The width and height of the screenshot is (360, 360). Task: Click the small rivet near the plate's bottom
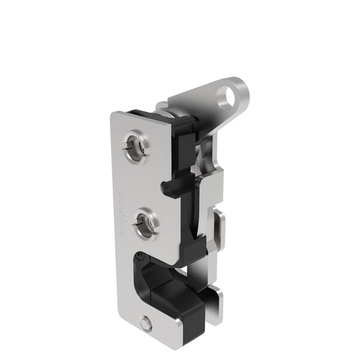coord(145,325)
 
